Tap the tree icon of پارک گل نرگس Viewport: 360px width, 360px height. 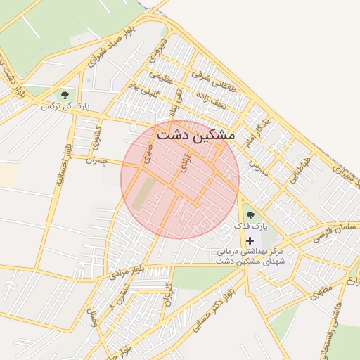(x=65, y=94)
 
